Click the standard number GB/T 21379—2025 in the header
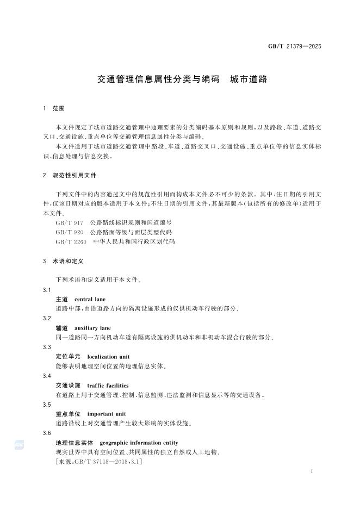[x=294, y=46]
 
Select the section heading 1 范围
[x=54, y=109]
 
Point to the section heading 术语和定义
[x=68, y=261]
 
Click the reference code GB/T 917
[x=68, y=223]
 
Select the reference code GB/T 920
[x=68, y=232]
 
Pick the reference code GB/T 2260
[x=70, y=241]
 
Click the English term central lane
[x=90, y=299]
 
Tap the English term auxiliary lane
[x=92, y=328]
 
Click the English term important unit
[x=106, y=414]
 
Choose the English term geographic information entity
[x=139, y=443]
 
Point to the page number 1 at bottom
[x=311, y=472]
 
